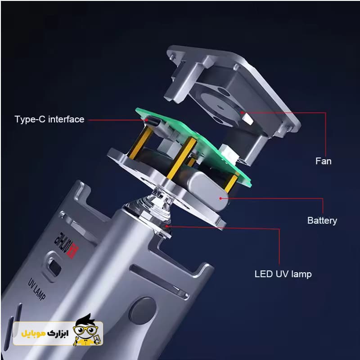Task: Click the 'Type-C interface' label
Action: click(x=49, y=119)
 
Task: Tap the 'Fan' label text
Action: click(x=323, y=161)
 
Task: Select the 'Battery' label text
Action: click(x=322, y=220)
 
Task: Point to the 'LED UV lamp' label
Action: click(x=283, y=274)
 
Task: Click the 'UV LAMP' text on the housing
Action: click(x=36, y=289)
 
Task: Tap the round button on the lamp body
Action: click(x=142, y=311)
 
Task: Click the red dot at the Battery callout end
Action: click(x=220, y=198)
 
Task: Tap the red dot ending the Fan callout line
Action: click(x=242, y=112)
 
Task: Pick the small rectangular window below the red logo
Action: click(x=54, y=267)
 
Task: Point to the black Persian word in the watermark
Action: click(x=58, y=333)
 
